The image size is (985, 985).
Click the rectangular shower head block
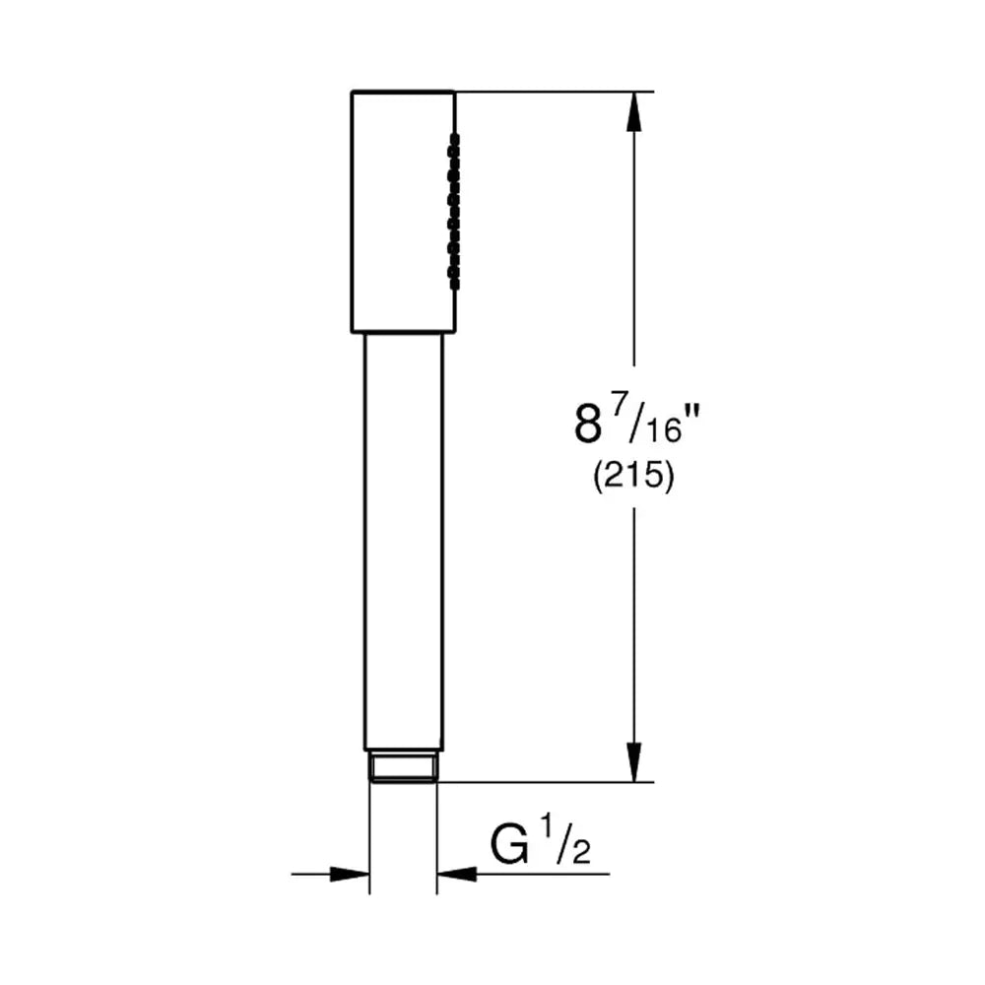click(403, 212)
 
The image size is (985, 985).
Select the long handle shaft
click(403, 542)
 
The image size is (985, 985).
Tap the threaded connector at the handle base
click(403, 766)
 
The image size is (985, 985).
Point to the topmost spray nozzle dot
click(453, 138)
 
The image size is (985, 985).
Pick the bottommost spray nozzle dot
click(453, 284)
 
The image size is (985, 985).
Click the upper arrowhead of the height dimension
click(634, 112)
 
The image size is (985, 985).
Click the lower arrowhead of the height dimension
click(634, 762)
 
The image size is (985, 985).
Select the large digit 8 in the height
click(588, 424)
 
